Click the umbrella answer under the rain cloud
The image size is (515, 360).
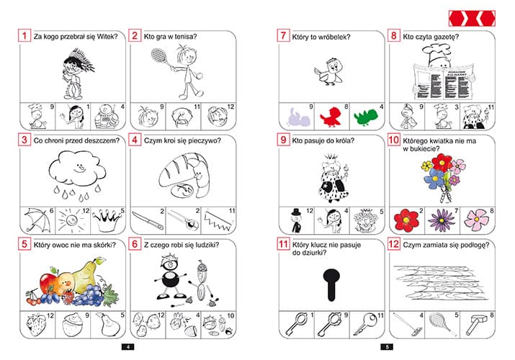click(x=37, y=220)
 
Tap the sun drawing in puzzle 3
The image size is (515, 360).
click(x=71, y=220)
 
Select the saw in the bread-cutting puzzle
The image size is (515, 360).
click(x=218, y=220)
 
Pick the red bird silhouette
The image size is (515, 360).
click(x=331, y=117)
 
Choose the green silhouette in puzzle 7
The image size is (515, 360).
click(x=366, y=117)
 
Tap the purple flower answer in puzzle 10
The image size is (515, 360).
click(x=442, y=220)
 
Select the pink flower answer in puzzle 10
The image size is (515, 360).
click(x=477, y=219)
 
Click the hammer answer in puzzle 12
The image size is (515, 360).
click(x=475, y=325)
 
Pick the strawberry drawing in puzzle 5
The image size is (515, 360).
click(x=35, y=325)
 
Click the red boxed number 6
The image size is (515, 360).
click(x=135, y=245)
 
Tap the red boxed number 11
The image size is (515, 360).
click(x=283, y=245)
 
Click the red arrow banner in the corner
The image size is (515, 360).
click(x=472, y=19)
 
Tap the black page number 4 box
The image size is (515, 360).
click(x=127, y=347)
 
